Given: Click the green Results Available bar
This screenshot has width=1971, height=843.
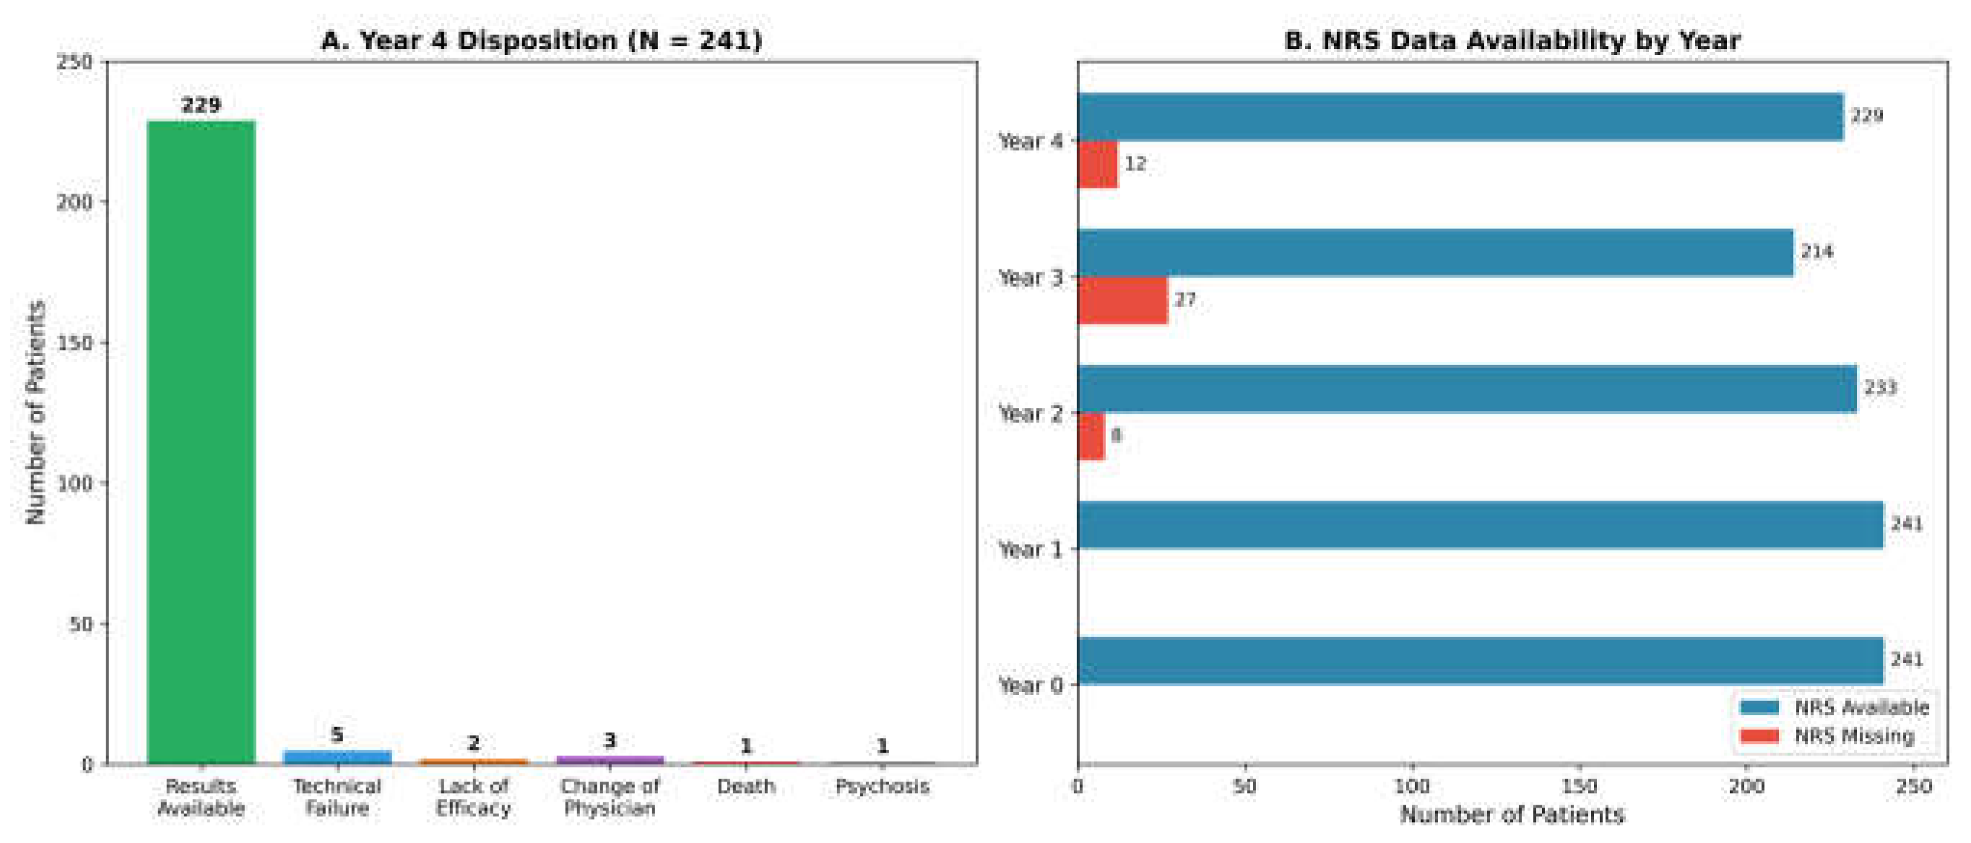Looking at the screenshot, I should point(201,442).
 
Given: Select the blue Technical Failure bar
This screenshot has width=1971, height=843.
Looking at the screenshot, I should point(337,756).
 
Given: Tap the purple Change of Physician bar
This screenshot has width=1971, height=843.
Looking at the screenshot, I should point(609,760).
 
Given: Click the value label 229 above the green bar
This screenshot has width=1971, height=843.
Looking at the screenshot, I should point(201,105).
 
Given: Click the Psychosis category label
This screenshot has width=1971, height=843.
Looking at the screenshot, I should point(881,787).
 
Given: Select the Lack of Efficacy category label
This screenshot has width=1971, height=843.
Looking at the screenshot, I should point(473,797).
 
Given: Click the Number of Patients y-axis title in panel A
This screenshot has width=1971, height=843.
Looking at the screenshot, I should point(35,413).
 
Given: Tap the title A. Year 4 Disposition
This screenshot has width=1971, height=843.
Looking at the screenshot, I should point(541,40).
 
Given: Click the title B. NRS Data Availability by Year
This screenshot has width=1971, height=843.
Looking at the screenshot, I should point(1512,40).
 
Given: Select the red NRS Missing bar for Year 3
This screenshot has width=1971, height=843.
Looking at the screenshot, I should point(1122,301).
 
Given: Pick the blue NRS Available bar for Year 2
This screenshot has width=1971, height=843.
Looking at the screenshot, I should point(1467,389).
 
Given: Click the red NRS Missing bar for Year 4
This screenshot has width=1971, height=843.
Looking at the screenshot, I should point(1098,165).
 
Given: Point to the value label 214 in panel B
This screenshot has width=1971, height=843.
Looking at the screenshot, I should point(1816,251).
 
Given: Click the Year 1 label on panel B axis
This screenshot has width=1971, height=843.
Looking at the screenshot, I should point(1031,549).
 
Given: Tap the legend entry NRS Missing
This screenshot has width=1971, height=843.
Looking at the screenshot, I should point(1853,736).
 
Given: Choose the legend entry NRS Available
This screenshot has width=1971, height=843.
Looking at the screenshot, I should point(1860,707).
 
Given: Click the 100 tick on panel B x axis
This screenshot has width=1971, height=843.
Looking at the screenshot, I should point(1412,787).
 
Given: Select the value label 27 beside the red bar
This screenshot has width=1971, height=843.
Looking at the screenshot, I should point(1184,300).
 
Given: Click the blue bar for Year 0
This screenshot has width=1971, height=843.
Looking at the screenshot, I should point(1480,661).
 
